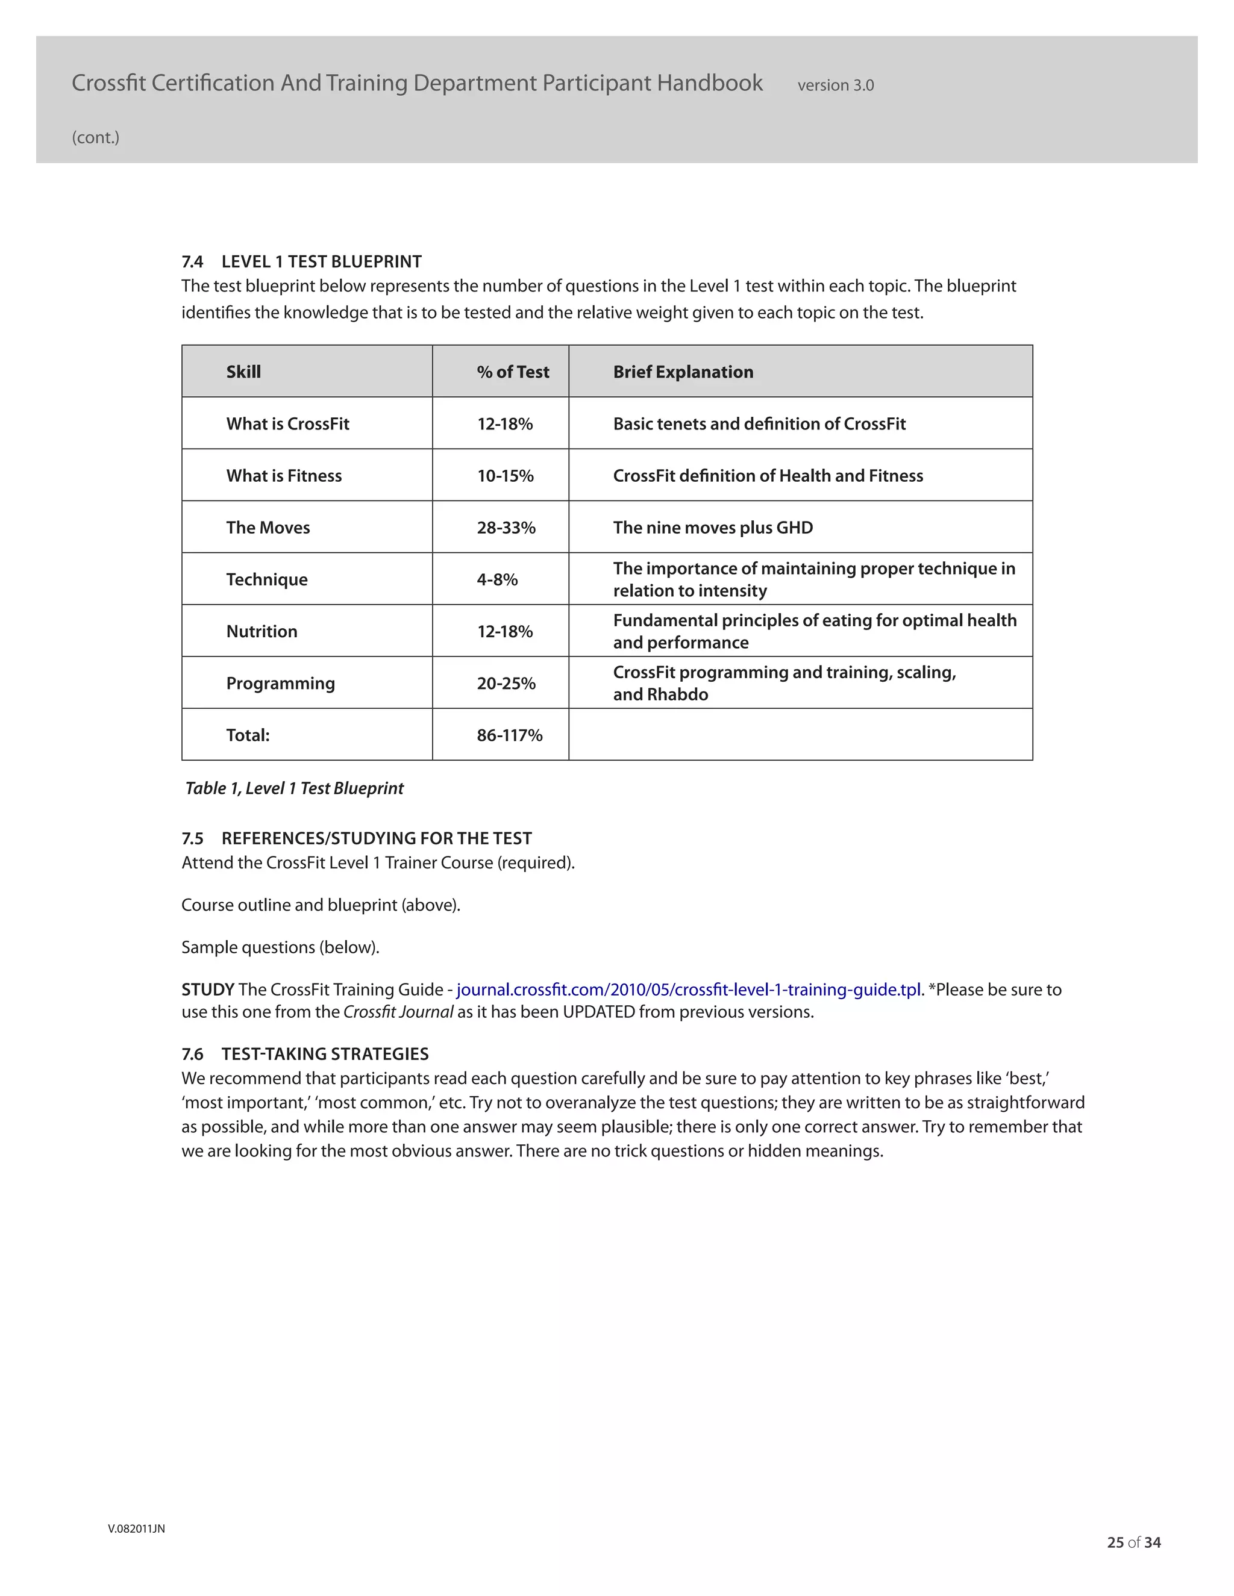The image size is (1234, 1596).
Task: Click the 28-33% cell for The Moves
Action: pyautogui.click(x=506, y=528)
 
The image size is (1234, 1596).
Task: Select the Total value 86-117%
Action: pyautogui.click(x=510, y=735)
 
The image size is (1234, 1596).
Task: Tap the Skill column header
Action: pyautogui.click(x=243, y=372)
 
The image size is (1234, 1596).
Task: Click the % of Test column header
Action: pyautogui.click(x=513, y=372)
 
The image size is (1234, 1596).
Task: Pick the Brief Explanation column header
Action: pyautogui.click(x=683, y=372)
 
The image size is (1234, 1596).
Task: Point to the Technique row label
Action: pyautogui.click(x=267, y=579)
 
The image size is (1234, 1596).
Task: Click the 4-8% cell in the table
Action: pyautogui.click(x=497, y=579)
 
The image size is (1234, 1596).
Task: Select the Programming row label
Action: pyautogui.click(x=280, y=684)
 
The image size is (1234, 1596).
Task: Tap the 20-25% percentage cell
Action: pyautogui.click(x=506, y=684)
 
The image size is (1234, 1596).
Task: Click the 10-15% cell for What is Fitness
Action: pyautogui.click(x=505, y=476)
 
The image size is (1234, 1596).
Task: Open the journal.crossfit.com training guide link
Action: pyautogui.click(x=689, y=990)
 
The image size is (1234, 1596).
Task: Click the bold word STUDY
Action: pyautogui.click(x=208, y=990)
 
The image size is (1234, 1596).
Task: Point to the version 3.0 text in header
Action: pyautogui.click(x=836, y=86)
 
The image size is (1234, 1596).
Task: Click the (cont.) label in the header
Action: pyautogui.click(x=96, y=137)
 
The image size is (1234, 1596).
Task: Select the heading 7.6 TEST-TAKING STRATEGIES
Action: pyautogui.click(x=305, y=1054)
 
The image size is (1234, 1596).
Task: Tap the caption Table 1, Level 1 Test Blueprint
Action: pyautogui.click(x=294, y=788)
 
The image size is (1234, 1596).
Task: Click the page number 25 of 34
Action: pyautogui.click(x=1134, y=1542)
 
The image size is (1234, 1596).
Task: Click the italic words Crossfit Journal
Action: pyautogui.click(x=398, y=1012)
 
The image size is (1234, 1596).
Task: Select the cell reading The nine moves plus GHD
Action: pyautogui.click(x=713, y=528)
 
